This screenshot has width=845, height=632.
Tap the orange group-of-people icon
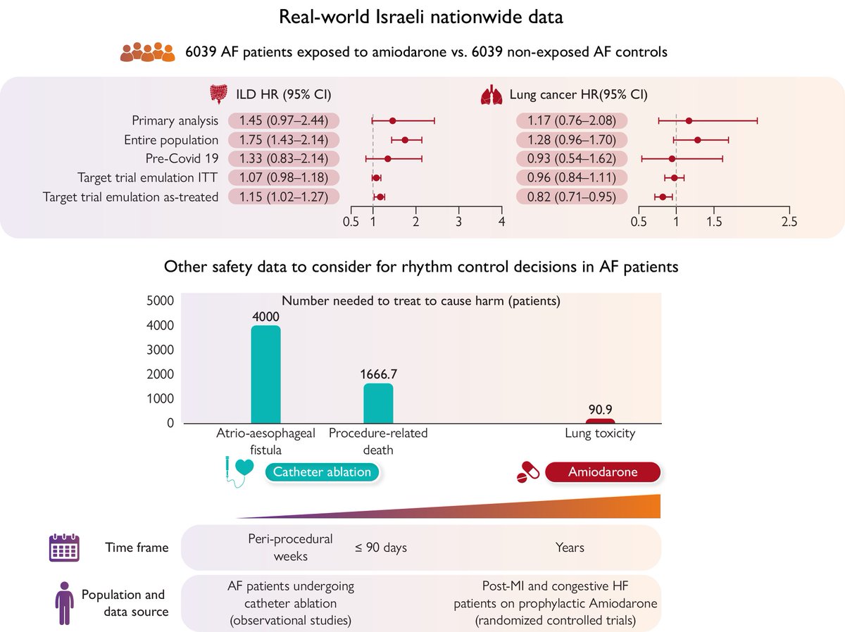(x=146, y=53)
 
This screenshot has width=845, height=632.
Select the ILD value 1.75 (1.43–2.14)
(x=280, y=140)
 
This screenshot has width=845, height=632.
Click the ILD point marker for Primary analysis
(x=392, y=121)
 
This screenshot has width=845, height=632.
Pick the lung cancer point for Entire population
(x=697, y=140)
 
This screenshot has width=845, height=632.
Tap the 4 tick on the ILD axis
(x=501, y=222)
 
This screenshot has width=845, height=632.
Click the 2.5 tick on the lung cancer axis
(x=789, y=222)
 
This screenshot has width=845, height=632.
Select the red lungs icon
(x=488, y=94)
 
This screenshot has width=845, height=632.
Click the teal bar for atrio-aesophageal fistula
(x=265, y=374)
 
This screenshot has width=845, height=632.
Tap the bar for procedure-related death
(x=378, y=403)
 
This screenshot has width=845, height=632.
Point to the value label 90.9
(x=600, y=407)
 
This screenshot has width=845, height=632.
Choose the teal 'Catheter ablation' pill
(x=322, y=472)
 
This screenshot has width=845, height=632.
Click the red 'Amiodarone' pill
(x=603, y=472)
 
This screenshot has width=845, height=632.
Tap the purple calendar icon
(x=63, y=547)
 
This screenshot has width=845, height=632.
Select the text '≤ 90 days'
(x=380, y=547)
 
